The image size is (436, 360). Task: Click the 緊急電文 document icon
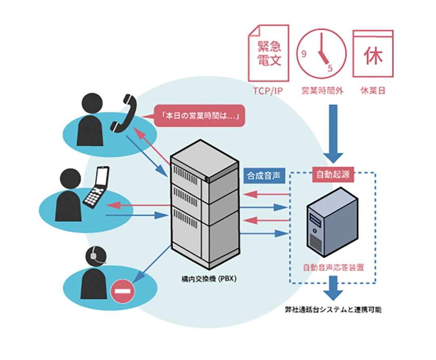click(268, 53)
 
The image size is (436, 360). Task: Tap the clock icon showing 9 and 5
click(321, 53)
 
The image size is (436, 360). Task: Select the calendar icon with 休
click(373, 54)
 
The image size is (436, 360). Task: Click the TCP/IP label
click(268, 91)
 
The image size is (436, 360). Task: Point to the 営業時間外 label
click(323, 91)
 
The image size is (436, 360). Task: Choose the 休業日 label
click(373, 91)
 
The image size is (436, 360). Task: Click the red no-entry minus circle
click(123, 291)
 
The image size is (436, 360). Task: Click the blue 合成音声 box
click(264, 175)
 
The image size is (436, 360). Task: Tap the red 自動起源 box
click(333, 175)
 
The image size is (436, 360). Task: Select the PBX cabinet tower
click(205, 204)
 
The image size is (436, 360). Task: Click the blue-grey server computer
click(333, 222)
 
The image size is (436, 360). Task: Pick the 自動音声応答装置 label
click(333, 267)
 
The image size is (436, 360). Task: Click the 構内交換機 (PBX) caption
click(209, 279)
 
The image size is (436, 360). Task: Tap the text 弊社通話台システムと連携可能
click(333, 309)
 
